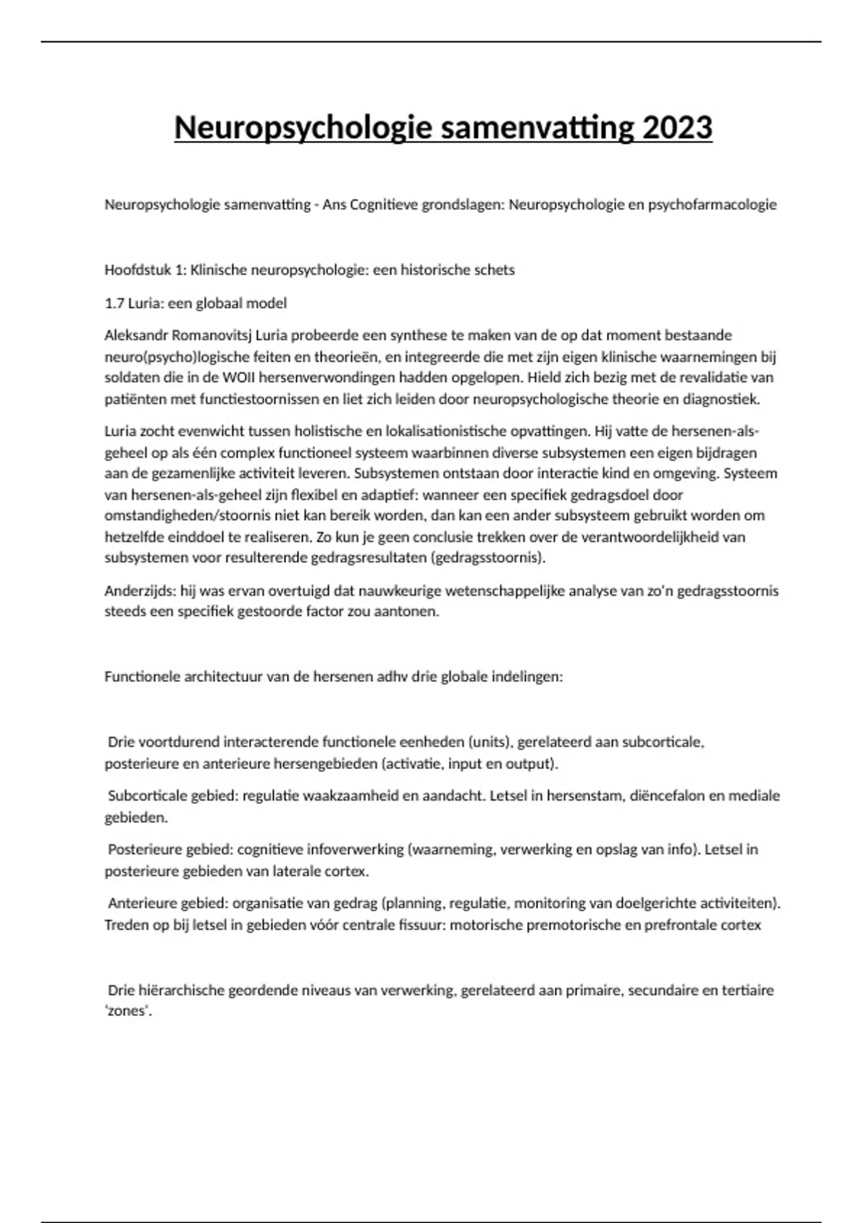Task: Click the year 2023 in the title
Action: coord(677,128)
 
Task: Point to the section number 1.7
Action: coord(114,303)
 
